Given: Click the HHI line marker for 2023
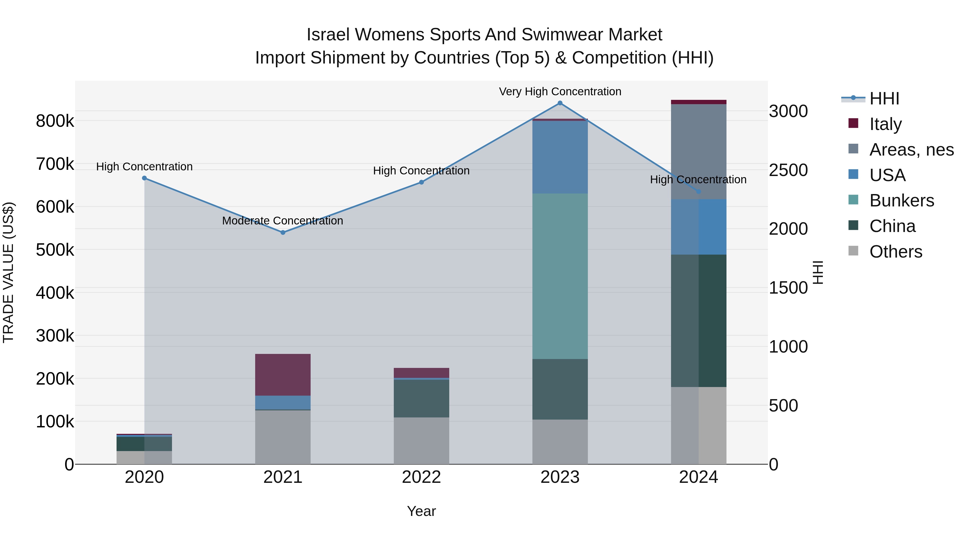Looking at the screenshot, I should [560, 103].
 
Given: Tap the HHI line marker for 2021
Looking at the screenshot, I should [283, 233].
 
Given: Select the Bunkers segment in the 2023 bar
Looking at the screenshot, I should [560, 276].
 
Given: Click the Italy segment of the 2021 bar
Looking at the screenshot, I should [283, 375].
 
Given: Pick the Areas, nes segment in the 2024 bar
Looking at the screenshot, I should [698, 151].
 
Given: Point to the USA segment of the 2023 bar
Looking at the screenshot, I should [560, 157].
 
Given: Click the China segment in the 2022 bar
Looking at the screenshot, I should [421, 398].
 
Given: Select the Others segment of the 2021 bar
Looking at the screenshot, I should [283, 437].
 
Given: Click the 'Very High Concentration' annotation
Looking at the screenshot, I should [560, 92].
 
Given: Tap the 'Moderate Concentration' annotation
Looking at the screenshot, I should [283, 221].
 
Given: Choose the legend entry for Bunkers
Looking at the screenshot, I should [901, 201].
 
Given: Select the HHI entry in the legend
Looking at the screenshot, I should [884, 99].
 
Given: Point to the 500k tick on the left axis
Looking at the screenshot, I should [55, 250].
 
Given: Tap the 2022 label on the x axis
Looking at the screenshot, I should [421, 477].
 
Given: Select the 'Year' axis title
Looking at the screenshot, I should [421, 511].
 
